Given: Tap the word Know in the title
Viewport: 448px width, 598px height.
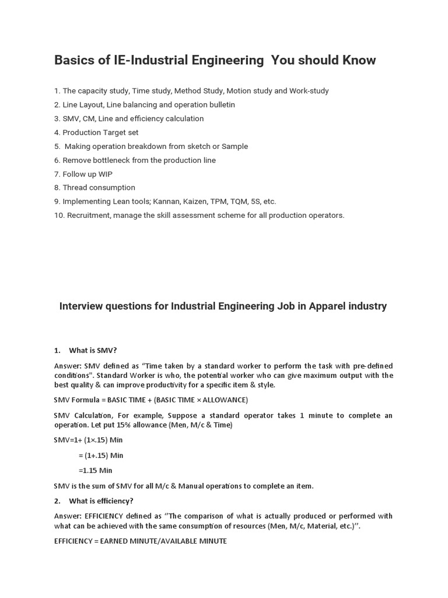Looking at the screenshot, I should [x=359, y=60].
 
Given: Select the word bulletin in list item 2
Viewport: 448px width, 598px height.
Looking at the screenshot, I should [x=218, y=105].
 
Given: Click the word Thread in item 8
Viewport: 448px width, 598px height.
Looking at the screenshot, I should [x=75, y=187].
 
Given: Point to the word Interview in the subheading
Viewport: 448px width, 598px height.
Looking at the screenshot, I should [x=79, y=306].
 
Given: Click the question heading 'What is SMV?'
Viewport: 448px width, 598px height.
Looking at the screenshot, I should [x=93, y=350].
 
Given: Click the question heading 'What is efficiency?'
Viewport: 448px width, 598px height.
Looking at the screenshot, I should [x=101, y=501].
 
